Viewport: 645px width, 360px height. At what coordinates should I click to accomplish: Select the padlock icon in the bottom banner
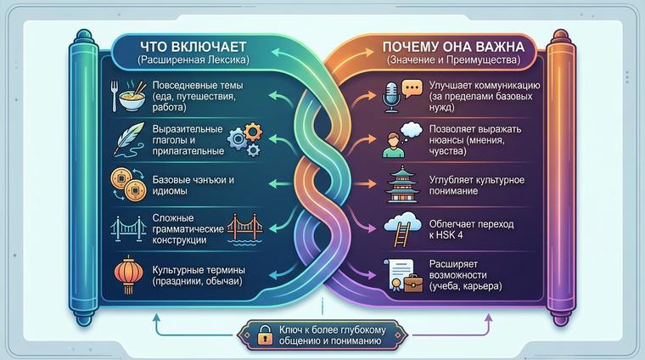pyautogui.click(x=266, y=335)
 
